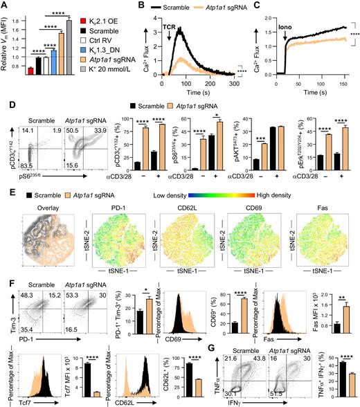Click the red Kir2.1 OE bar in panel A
tap(33, 70)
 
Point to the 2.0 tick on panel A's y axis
tap(20, 9)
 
